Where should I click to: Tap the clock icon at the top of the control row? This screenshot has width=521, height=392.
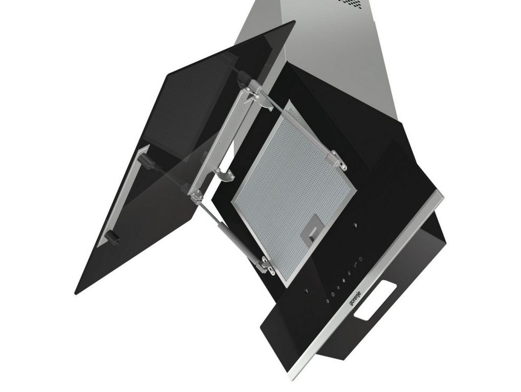click(361, 259)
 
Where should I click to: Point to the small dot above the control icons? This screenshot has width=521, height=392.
click(355, 225)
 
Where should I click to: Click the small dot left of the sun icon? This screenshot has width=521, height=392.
click(306, 292)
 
